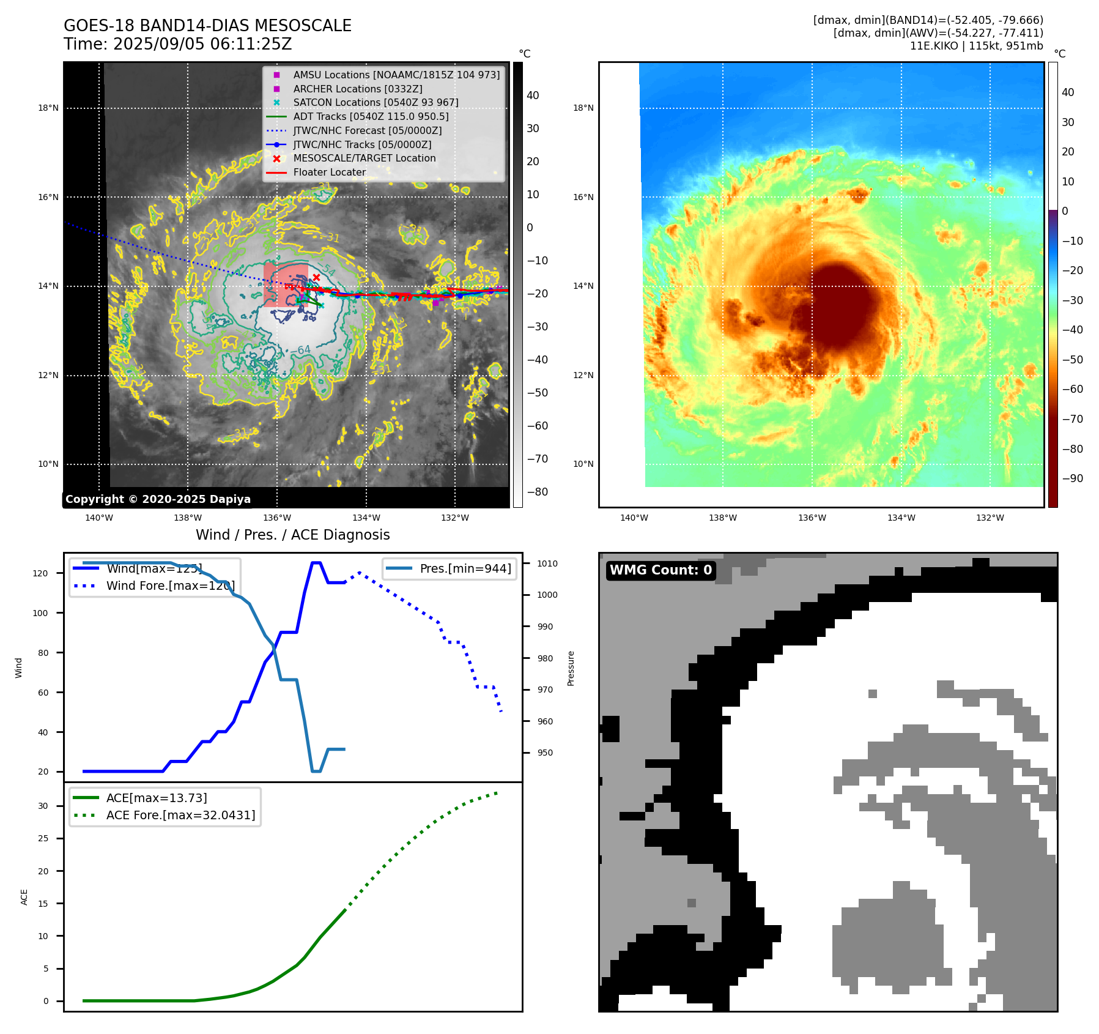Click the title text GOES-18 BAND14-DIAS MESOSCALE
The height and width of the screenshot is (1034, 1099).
[207, 26]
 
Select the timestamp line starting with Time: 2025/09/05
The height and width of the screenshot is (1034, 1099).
[177, 45]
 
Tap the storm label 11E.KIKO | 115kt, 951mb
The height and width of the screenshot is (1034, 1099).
[976, 46]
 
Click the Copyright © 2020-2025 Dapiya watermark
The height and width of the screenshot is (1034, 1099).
[158, 499]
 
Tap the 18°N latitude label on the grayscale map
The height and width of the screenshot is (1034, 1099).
[48, 108]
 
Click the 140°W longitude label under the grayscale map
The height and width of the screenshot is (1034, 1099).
[99, 518]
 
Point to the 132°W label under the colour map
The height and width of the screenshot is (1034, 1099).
[990, 518]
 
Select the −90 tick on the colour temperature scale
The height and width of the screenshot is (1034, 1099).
[1072, 478]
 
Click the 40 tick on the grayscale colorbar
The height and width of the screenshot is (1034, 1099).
[533, 95]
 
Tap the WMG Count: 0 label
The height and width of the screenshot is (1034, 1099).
[661, 570]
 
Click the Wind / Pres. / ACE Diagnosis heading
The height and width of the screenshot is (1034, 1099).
[292, 535]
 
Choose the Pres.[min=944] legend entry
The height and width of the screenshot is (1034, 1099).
[465, 568]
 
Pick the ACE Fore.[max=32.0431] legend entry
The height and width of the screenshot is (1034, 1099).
[180, 815]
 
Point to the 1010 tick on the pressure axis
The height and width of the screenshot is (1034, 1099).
[547, 563]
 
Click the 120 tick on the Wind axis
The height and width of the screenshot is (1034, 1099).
[40, 573]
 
